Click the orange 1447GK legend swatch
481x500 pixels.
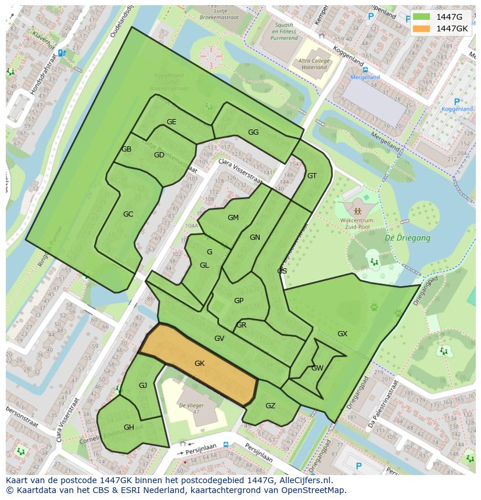click(422, 28)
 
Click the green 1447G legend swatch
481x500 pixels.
click(422, 17)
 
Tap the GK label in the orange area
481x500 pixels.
click(199, 364)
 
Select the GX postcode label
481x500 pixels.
click(342, 334)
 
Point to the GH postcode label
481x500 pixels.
click(129, 427)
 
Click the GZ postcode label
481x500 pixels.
click(270, 406)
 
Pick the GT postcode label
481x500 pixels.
click(312, 176)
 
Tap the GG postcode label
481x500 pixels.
click(253, 132)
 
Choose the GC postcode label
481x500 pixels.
click(128, 214)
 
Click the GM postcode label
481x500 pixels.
click(233, 218)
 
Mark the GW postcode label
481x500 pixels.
click(317, 368)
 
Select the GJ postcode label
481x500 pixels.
click(143, 386)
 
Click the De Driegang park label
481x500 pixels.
click(408, 238)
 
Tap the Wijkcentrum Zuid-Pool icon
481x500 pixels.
click(357, 210)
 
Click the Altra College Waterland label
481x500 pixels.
click(314, 64)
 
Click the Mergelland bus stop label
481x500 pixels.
click(365, 77)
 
